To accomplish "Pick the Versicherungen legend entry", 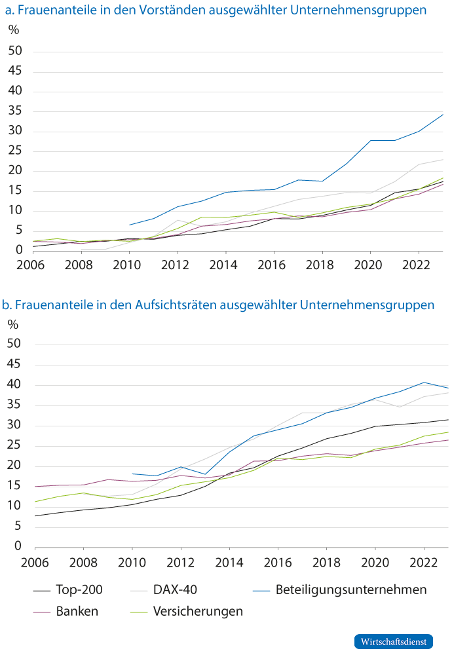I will pyautogui.click(x=197, y=611).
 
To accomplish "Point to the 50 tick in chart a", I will pyautogui.click(x=15, y=52).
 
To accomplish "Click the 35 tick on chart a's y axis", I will pyautogui.click(x=15, y=112).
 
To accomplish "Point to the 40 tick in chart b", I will pyautogui.click(x=15, y=385).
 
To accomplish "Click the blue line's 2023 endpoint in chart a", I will pyautogui.click(x=443, y=115).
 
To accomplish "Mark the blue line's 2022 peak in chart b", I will pyautogui.click(x=424, y=383).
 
